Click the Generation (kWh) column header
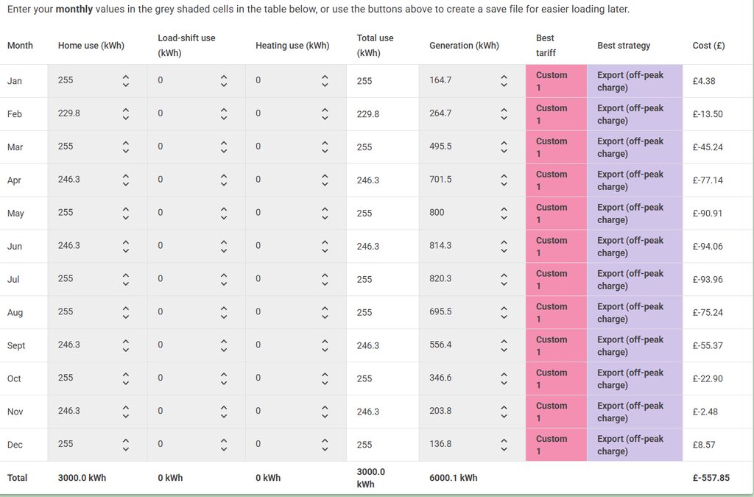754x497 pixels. (x=464, y=46)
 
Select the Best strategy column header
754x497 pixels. (x=624, y=46)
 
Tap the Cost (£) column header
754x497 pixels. (x=708, y=46)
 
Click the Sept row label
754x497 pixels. (x=16, y=345)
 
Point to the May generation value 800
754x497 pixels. (x=437, y=213)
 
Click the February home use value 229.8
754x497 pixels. (x=69, y=113)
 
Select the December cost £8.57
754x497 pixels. (x=704, y=445)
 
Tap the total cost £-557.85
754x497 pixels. (x=711, y=478)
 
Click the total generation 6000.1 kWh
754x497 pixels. (x=453, y=478)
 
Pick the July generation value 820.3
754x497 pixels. (x=440, y=279)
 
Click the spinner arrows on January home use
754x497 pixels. (x=126, y=81)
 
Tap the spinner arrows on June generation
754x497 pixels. (x=504, y=246)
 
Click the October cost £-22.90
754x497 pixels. (x=708, y=378)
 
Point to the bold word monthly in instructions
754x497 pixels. (x=78, y=10)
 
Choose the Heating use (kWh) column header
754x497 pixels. (x=292, y=46)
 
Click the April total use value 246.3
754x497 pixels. (x=368, y=180)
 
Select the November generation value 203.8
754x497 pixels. (x=440, y=412)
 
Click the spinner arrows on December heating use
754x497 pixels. (x=325, y=445)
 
